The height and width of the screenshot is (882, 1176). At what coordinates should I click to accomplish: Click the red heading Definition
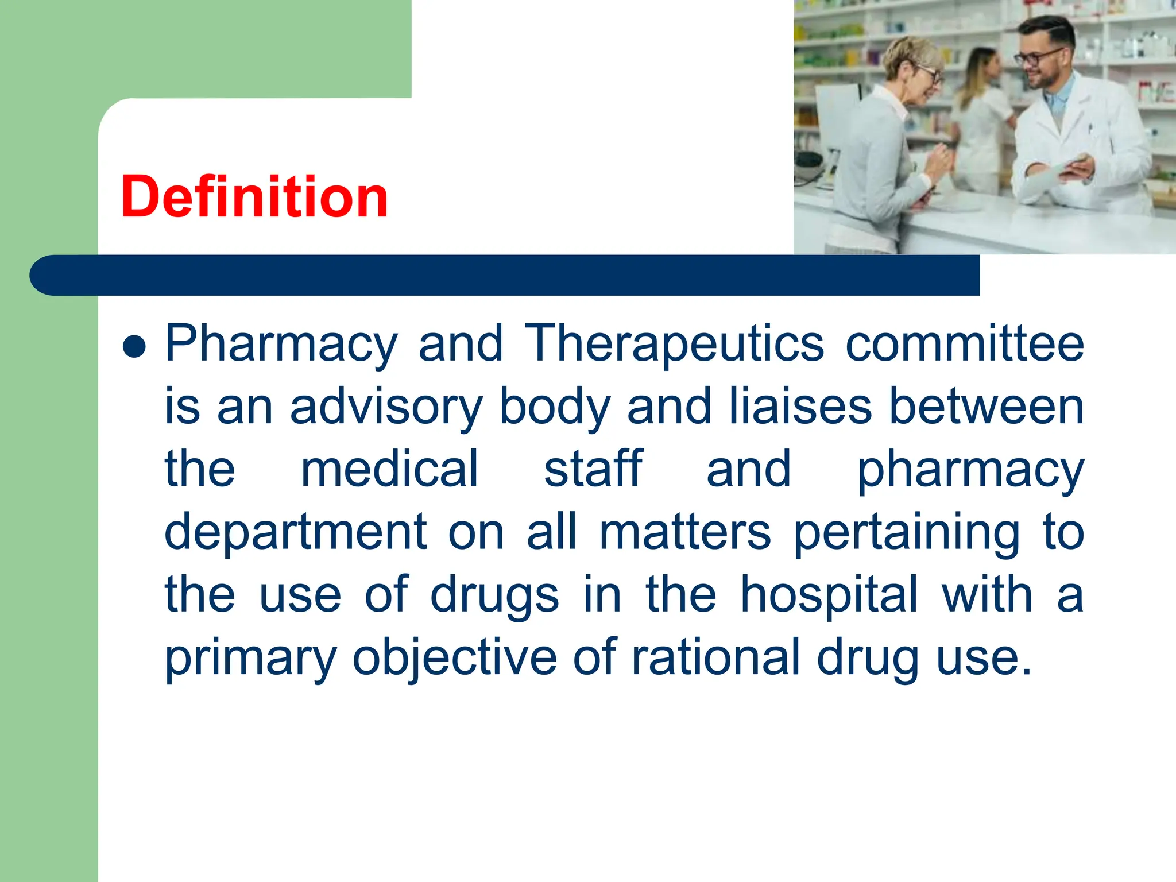click(254, 197)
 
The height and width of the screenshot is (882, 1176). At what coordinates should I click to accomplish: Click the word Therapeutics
click(674, 344)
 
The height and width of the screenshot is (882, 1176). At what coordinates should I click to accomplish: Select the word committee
click(965, 344)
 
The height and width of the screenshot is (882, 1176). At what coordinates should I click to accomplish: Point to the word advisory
click(386, 408)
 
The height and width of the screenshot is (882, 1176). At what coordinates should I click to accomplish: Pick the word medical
click(389, 469)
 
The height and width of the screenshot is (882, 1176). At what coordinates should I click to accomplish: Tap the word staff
click(593, 469)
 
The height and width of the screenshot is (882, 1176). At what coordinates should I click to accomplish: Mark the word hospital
click(829, 595)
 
